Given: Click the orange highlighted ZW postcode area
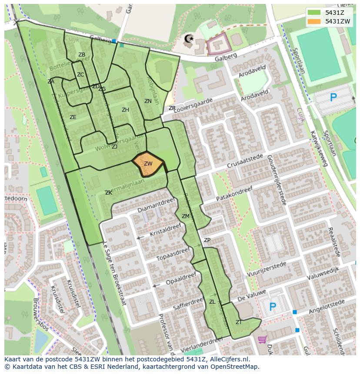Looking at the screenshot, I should (148, 164).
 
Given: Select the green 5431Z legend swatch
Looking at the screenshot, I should (314, 13).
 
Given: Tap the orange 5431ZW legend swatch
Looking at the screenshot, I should (314, 21).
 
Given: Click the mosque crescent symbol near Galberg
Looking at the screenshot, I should (189, 39).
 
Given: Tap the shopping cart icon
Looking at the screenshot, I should (261, 339).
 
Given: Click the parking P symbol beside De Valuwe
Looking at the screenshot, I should (273, 307).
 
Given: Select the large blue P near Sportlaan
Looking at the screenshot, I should (333, 98).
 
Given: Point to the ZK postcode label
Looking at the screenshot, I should (109, 193).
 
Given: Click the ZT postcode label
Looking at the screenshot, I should (239, 322).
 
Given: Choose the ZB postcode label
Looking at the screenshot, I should (82, 55).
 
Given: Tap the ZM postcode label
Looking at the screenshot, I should (186, 216).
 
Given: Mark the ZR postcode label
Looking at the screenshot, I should (172, 108).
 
